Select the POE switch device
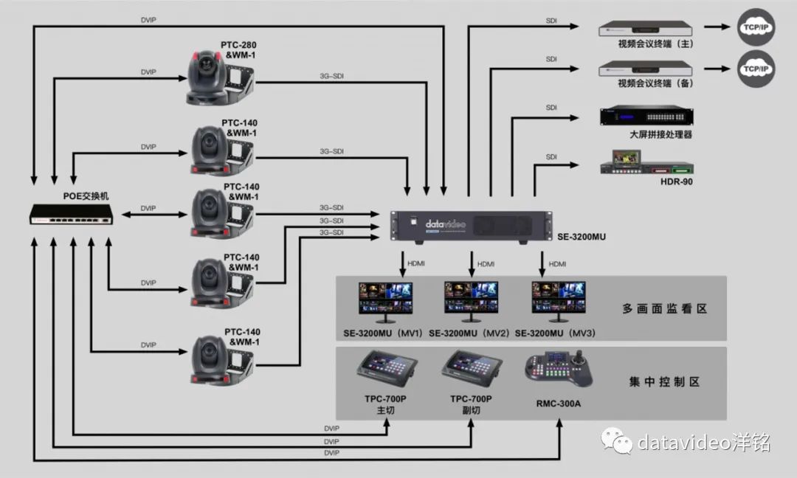click(x=72, y=213)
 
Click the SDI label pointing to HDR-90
click(x=551, y=156)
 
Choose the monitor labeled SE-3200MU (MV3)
click(x=559, y=302)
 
